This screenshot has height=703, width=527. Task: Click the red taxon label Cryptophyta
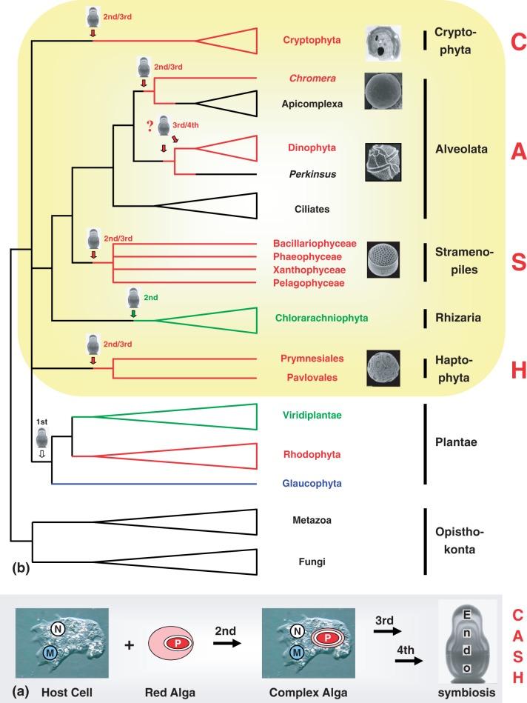coord(312,40)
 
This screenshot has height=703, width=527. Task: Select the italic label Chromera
coord(312,78)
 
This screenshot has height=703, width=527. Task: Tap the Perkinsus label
coord(312,174)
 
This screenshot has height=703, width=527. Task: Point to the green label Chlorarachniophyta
coord(321,318)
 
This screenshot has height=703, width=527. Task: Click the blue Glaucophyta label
coord(312,483)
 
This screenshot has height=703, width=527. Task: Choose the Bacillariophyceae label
coord(315,244)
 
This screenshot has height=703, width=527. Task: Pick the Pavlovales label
coord(312,378)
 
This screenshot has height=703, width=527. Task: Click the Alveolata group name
coord(461,149)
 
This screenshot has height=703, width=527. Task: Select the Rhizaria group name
coord(458,318)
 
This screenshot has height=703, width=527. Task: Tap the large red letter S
coord(518,261)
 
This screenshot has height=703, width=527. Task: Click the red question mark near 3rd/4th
coord(150,126)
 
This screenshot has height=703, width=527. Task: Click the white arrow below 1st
coord(42,453)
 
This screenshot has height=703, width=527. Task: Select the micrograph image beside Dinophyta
coord(383,162)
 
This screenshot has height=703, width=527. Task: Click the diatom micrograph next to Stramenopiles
coord(383,260)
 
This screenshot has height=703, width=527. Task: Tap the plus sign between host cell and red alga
coord(129,645)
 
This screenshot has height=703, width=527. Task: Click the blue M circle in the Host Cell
coord(50,653)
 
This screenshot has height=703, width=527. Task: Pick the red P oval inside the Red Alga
coord(178,644)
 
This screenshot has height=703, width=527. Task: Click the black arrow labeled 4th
coord(409,661)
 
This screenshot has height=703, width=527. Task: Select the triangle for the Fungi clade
coord(178,562)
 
